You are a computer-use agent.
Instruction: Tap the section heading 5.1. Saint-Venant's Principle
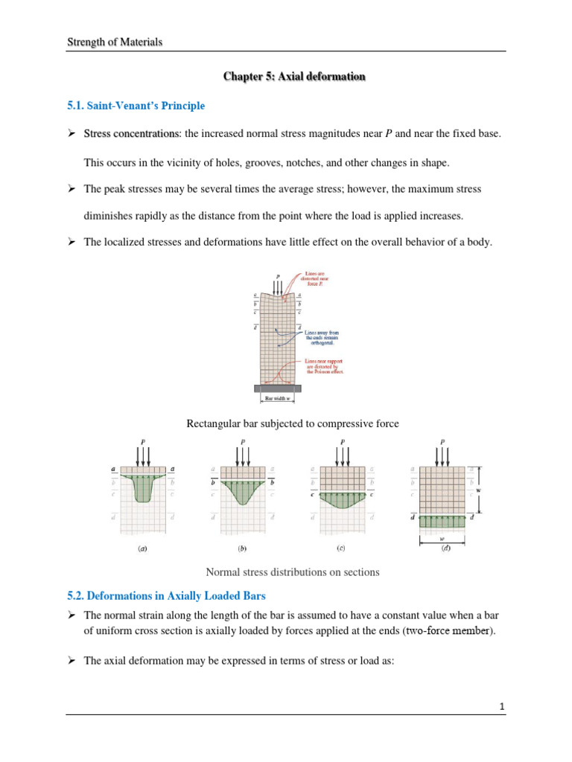[136, 106]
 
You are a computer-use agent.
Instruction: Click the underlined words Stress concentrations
[131, 133]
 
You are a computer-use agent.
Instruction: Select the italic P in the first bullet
[389, 133]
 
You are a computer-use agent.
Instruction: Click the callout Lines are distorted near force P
[320, 283]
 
